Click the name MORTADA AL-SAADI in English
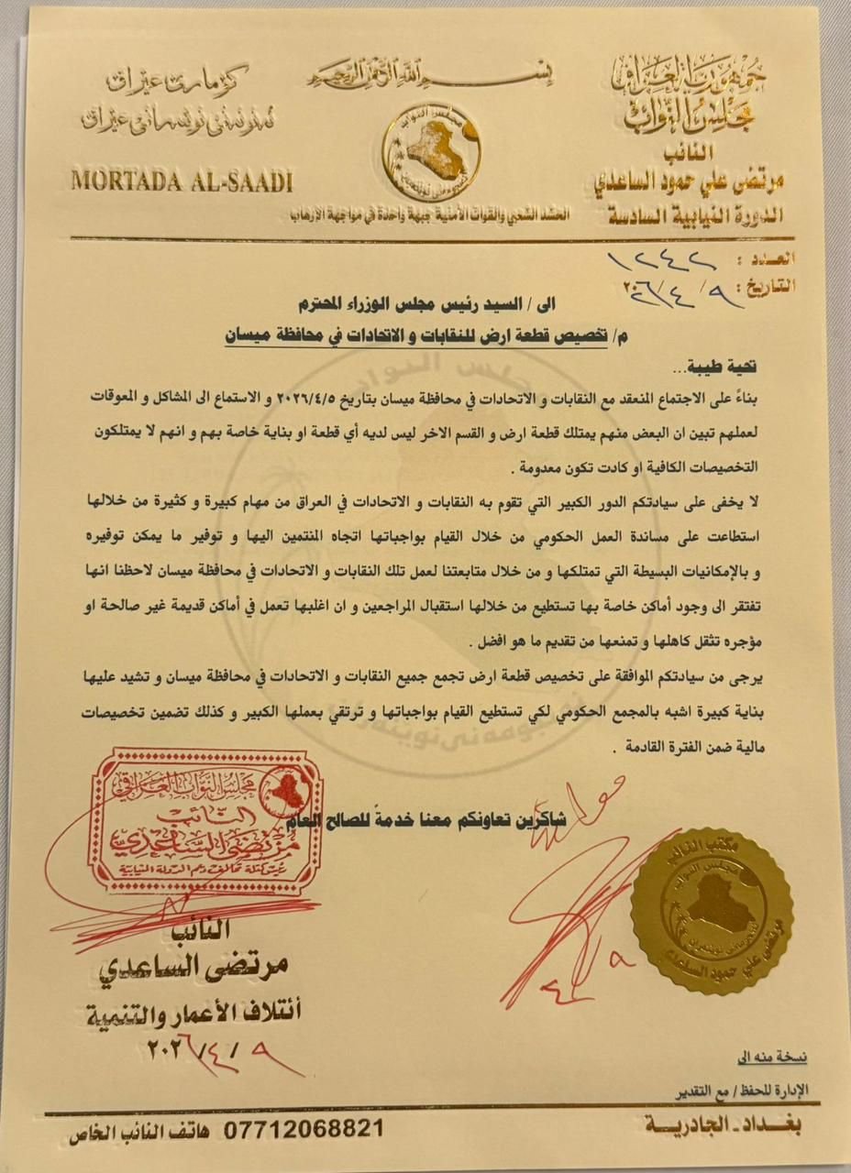(181, 181)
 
